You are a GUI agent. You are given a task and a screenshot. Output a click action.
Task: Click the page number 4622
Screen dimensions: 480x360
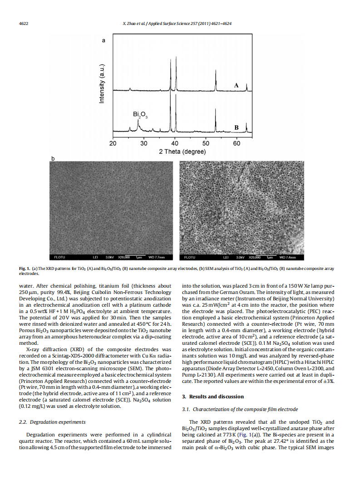tap(23, 23)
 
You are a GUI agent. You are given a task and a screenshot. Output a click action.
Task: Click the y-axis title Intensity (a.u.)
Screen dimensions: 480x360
tap(102, 83)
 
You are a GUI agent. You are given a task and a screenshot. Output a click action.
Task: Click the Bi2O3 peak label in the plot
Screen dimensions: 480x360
tap(140, 114)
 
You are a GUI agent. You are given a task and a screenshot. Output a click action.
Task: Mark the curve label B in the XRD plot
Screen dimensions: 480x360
tap(236, 127)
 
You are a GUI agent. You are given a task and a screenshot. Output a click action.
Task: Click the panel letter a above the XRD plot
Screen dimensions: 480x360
tap(104, 41)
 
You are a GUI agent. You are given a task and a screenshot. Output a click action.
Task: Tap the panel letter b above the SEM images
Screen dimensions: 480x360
tap(53, 158)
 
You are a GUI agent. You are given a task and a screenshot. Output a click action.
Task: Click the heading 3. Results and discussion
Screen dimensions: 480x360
tap(213, 397)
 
